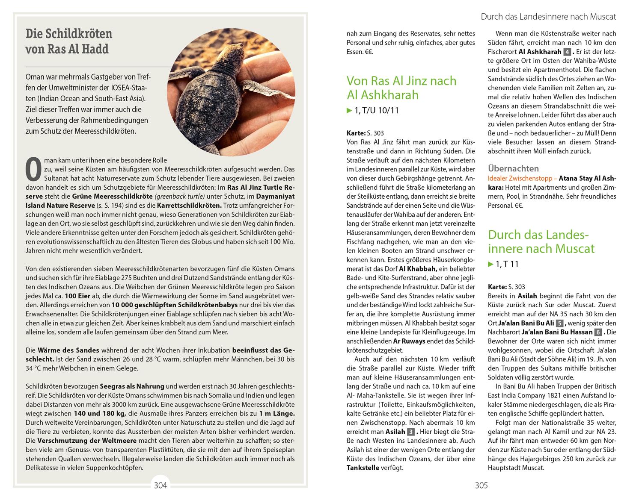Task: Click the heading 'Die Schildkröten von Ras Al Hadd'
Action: pyautogui.click(x=68, y=41)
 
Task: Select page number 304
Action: pyautogui.click(x=160, y=485)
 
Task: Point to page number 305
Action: pyautogui.click(x=481, y=485)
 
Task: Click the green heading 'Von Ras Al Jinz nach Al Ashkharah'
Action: pyautogui.click(x=401, y=88)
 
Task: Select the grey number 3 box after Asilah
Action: pyautogui.click(x=411, y=432)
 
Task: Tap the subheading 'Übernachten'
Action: pyautogui.click(x=513, y=168)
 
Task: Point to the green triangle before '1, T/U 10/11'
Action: pyautogui.click(x=349, y=111)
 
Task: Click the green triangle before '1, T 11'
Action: pyautogui.click(x=490, y=265)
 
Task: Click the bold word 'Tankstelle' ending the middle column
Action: pyautogui.click(x=363, y=468)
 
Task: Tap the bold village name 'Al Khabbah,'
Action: pyautogui.click(x=418, y=269)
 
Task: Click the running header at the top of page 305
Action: pyautogui.click(x=548, y=17)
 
